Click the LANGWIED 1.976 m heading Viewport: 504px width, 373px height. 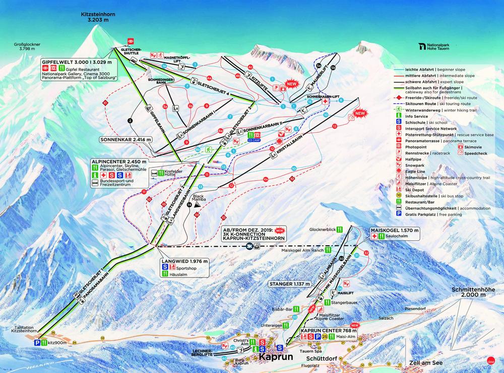point(184,261)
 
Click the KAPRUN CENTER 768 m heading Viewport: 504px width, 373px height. point(327,331)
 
